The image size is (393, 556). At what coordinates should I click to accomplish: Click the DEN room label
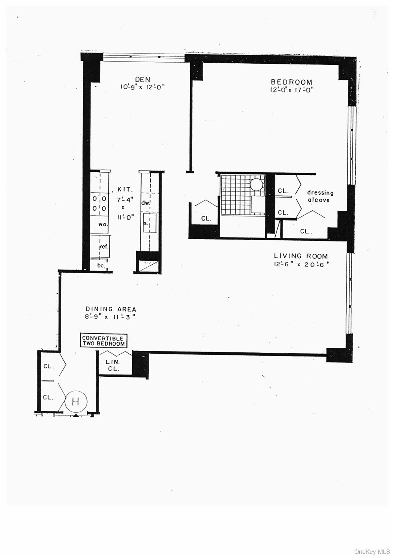coord(142,80)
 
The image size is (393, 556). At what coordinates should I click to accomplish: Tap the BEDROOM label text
coord(292,83)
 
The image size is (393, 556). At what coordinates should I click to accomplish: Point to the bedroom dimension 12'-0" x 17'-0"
coord(291,90)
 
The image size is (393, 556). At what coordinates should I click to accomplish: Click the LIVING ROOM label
coord(301,256)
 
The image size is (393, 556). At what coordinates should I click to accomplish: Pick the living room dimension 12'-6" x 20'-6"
coord(301,264)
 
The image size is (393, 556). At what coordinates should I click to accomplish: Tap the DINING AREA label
coord(111,309)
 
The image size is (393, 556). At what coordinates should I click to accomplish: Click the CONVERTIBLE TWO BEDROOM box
coord(104,341)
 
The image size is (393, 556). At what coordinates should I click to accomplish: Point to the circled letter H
coord(75,401)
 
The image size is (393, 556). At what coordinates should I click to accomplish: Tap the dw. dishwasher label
coord(146,203)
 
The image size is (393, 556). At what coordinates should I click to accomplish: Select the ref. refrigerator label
coord(104,247)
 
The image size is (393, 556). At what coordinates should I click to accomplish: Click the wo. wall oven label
coord(103,224)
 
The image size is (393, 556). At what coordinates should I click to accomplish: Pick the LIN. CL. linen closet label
coord(113,365)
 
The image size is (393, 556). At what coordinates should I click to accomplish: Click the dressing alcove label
coord(320,196)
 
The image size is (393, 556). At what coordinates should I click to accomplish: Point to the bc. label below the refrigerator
coord(101,266)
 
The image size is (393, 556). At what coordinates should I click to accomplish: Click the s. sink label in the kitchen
coord(146,223)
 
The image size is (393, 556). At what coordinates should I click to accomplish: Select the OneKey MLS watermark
coord(372,551)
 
